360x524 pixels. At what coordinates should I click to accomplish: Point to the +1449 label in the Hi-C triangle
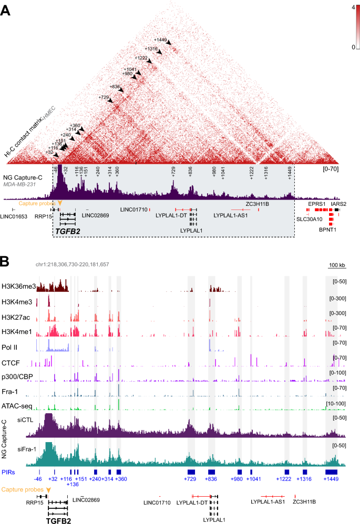(160, 39)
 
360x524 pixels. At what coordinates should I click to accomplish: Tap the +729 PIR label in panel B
(191, 479)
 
